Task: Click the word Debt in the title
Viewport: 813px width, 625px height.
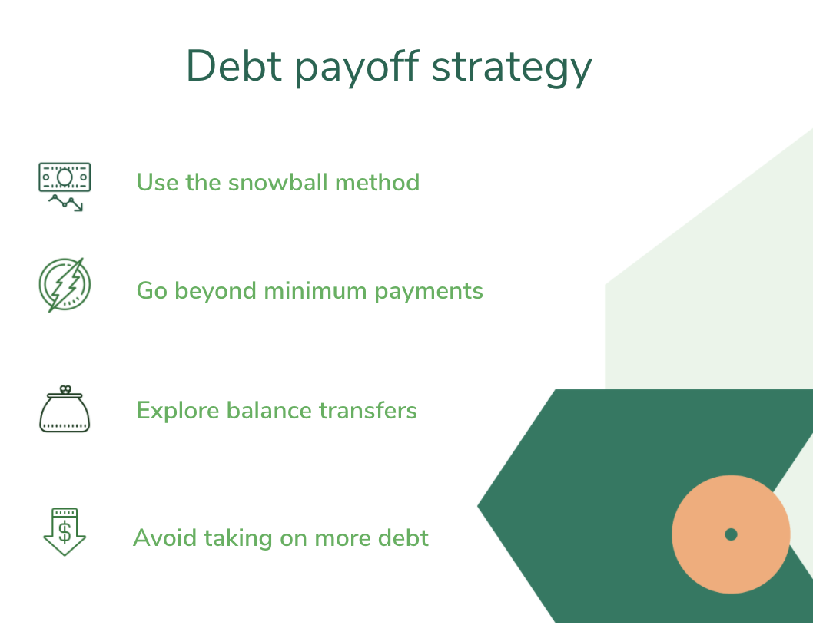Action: click(x=234, y=66)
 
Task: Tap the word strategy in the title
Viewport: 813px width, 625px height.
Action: click(x=512, y=69)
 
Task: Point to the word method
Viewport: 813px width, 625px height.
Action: click(x=377, y=183)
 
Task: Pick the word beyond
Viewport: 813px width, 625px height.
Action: click(x=216, y=292)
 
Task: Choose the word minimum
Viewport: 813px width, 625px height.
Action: click(x=315, y=291)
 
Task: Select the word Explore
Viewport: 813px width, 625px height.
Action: click(x=178, y=412)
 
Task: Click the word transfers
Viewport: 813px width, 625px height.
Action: click(x=367, y=411)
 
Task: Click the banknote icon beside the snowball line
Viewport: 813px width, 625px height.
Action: click(x=65, y=187)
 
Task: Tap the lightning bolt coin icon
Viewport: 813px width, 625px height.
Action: click(x=65, y=285)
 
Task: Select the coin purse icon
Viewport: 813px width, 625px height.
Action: click(x=65, y=409)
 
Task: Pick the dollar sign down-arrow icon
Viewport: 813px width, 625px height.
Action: click(x=65, y=532)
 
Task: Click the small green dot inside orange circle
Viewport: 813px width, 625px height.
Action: click(x=731, y=534)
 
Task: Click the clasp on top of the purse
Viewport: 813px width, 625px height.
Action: click(x=65, y=389)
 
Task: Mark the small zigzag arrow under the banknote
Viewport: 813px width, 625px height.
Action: click(x=66, y=203)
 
